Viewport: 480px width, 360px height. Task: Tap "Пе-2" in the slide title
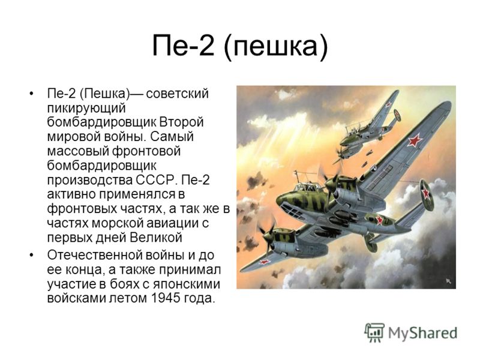(183, 46)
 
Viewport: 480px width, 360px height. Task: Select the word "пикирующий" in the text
(86, 109)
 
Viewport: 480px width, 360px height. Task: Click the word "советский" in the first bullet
(178, 94)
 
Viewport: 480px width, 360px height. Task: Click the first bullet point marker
(31, 94)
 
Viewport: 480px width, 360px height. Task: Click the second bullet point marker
(31, 255)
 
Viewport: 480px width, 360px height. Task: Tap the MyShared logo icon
(374, 333)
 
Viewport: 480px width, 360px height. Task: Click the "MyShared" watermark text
(422, 333)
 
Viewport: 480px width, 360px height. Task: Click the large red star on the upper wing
(415, 140)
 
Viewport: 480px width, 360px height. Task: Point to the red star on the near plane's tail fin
(426, 193)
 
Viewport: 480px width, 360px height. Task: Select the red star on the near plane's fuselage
(380, 220)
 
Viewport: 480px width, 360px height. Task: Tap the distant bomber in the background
(367, 128)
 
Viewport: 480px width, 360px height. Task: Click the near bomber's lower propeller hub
(266, 236)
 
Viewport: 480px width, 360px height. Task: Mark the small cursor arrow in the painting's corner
(448, 281)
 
